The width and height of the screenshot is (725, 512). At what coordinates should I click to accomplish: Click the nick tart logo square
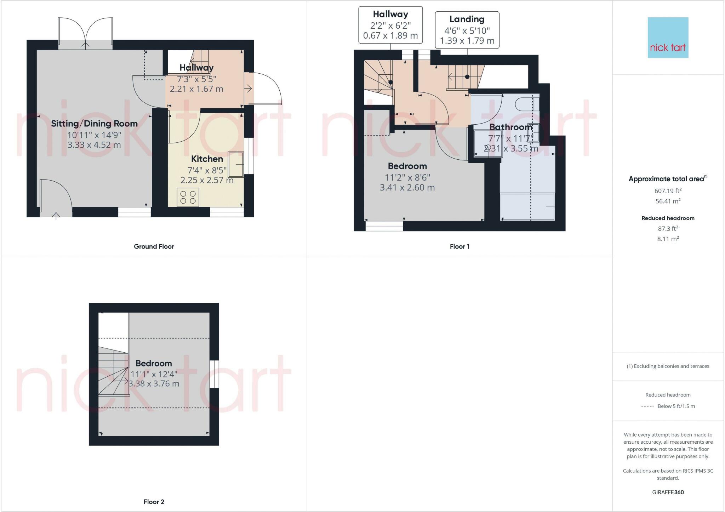668,38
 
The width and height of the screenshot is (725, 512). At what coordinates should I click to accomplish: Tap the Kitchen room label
207,159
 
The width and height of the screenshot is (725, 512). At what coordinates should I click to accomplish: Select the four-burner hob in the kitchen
188,197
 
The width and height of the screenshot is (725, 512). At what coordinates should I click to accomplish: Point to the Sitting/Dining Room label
94,124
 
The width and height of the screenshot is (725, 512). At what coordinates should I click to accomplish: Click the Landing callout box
467,30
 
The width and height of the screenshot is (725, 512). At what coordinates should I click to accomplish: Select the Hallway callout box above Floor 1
390,25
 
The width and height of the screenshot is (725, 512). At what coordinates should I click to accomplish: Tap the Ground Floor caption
154,246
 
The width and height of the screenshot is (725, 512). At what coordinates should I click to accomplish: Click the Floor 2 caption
154,502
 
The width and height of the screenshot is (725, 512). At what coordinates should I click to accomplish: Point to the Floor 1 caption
459,246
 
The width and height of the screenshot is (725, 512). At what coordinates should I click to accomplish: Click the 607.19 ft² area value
668,191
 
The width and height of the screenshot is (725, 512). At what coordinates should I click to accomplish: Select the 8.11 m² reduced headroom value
668,239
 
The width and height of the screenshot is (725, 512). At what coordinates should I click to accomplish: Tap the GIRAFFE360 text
668,492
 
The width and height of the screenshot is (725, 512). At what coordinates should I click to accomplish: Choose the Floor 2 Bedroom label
154,363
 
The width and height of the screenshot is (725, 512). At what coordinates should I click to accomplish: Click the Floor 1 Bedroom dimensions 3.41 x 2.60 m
407,188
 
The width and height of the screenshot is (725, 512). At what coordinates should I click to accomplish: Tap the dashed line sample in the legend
647,406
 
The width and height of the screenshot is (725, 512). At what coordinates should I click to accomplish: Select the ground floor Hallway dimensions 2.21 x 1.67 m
196,89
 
